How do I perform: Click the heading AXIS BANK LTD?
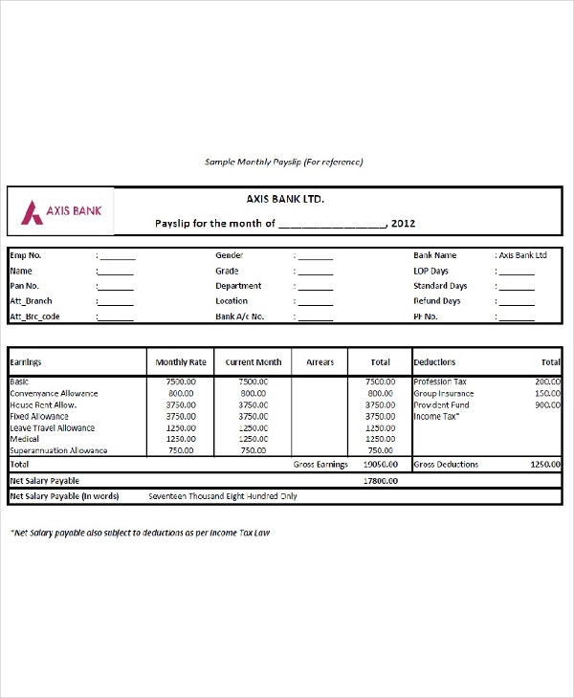coord(285,200)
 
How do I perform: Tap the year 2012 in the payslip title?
coord(403,224)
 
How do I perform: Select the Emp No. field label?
coord(26,256)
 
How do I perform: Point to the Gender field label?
coord(230,256)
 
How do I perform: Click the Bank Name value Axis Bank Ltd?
coord(522,256)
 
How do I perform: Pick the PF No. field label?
coord(426,316)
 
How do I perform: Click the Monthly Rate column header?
coord(181,363)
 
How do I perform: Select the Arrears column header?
coord(320,363)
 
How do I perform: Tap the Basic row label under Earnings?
coord(20,382)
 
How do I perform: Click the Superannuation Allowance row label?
coord(58,450)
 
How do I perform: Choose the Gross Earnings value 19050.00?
coord(379,464)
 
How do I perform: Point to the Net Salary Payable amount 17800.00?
coord(379,480)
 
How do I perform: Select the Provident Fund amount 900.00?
coord(547,404)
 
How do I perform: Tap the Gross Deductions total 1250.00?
coord(545,464)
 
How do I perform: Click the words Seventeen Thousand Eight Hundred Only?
coord(223,497)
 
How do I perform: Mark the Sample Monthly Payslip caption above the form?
coord(284,163)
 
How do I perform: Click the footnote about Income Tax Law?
coord(141,533)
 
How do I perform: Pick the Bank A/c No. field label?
coord(240,316)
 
